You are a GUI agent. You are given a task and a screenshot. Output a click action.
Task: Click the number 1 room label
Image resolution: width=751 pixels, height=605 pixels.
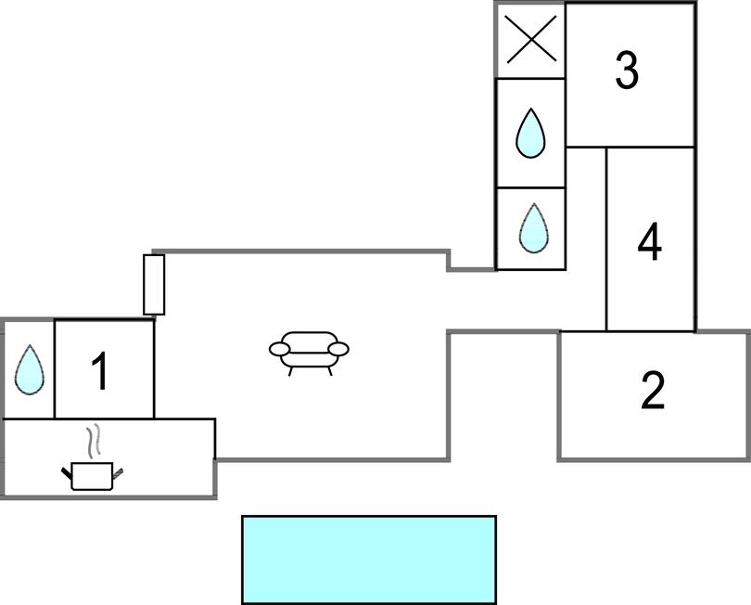coord(100,371)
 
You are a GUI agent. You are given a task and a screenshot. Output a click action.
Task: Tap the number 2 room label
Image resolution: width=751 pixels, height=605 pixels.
coord(653,391)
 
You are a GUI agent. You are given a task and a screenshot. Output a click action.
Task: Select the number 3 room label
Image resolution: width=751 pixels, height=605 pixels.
coord(628,71)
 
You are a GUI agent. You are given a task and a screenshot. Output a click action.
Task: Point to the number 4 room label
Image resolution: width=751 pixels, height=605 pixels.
coord(650,243)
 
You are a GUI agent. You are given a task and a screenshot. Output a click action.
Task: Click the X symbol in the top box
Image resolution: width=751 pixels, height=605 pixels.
coord(530,41)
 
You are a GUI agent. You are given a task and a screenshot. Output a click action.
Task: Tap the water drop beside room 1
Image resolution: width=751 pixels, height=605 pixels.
coord(30,369)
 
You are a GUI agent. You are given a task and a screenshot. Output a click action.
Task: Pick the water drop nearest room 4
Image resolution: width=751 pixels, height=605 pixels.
coord(532,228)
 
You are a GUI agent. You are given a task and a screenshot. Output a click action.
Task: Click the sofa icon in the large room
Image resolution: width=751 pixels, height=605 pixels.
coord(309,351)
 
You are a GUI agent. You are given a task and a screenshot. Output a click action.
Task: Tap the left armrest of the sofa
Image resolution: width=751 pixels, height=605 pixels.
coord(279,349)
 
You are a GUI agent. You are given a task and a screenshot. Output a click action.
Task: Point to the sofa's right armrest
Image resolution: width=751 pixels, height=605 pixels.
coord(338,349)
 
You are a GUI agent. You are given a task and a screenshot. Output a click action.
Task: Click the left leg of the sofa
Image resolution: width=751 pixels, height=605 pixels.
coord(290,369)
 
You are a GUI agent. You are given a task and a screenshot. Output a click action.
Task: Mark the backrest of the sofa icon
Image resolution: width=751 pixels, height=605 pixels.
coord(309,339)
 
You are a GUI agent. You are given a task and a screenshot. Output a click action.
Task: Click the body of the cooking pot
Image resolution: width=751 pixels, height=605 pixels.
coord(92,476)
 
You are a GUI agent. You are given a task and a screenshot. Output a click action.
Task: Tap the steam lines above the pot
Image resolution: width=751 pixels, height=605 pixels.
coord(93,439)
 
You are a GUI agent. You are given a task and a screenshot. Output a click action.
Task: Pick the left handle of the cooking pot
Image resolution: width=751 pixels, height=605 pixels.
coord(67,474)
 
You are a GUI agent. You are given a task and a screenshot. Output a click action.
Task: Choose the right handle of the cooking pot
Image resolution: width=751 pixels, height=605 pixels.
coord(117,473)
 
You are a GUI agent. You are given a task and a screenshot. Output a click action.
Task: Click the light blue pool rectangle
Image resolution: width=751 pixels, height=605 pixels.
coord(369,560)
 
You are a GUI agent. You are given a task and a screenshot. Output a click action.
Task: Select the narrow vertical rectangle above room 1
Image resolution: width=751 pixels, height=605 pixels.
coord(154,284)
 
